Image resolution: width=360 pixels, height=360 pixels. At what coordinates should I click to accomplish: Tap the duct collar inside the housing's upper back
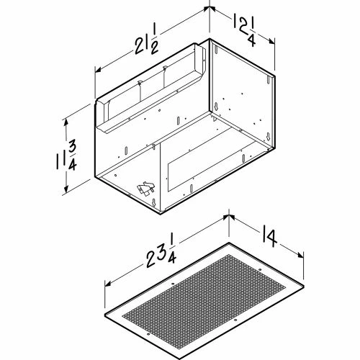155,86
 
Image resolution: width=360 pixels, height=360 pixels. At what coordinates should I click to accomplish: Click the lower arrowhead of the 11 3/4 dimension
68,190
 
